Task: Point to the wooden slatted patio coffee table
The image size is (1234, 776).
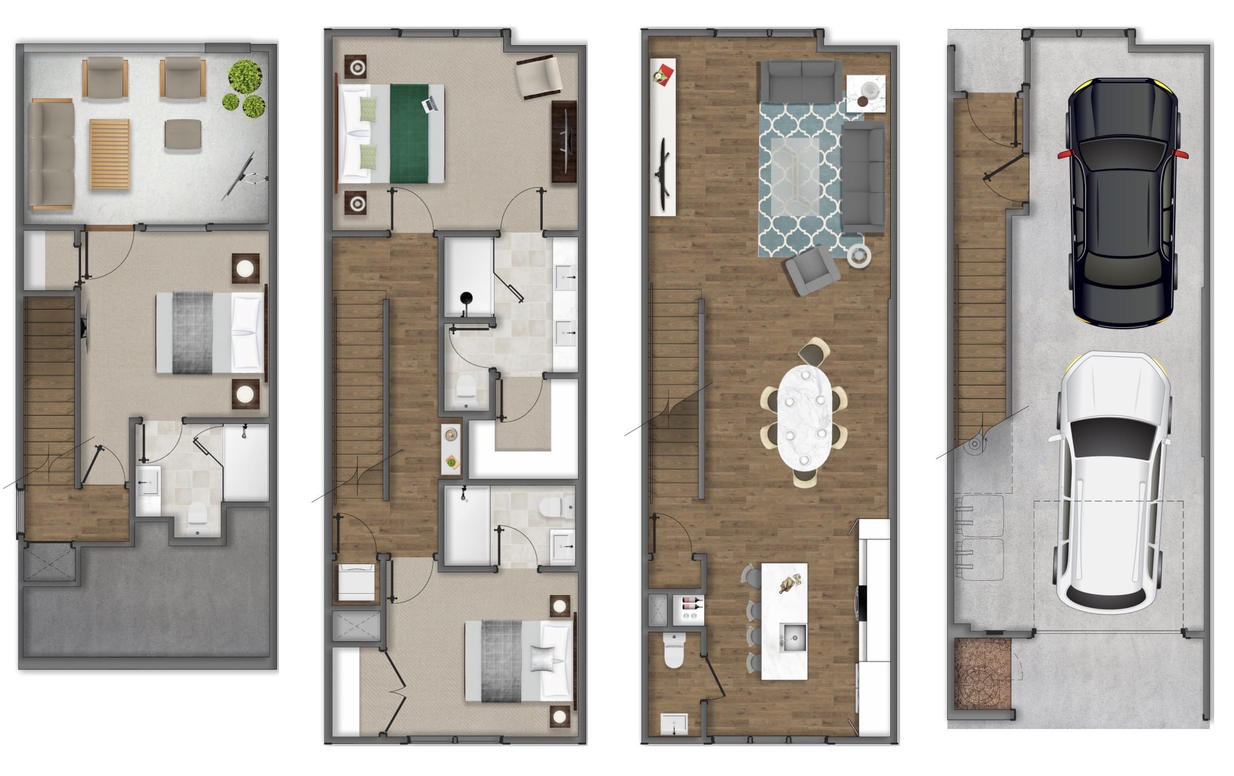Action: tap(109, 154)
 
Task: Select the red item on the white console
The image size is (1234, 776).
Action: tap(662, 73)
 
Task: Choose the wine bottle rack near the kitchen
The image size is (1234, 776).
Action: tap(690, 611)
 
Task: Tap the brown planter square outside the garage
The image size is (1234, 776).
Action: tap(982, 673)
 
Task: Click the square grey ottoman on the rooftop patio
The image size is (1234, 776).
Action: tap(183, 134)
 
